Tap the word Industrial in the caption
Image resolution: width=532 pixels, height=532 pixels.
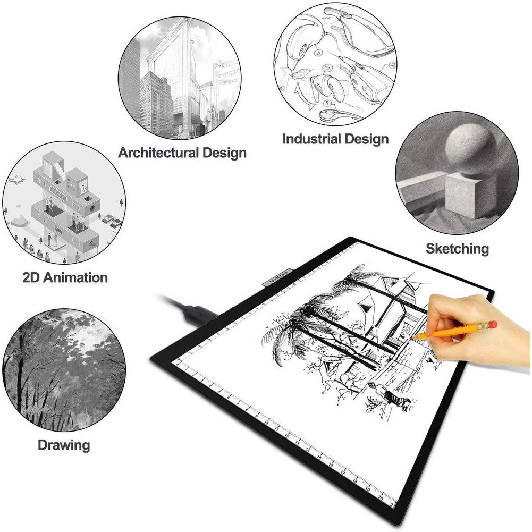tap(311, 139)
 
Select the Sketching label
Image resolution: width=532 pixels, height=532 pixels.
tap(458, 249)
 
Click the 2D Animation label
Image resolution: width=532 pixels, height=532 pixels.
tap(65, 277)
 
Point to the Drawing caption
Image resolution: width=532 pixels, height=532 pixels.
tap(64, 445)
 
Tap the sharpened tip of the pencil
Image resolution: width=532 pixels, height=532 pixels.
tap(416, 336)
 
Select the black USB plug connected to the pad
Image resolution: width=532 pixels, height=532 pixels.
tap(200, 314)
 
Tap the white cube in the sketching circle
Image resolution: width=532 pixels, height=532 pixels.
tap(470, 196)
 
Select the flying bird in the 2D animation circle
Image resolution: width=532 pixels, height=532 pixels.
tap(17, 180)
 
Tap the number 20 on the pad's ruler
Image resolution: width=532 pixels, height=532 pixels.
tap(381, 498)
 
